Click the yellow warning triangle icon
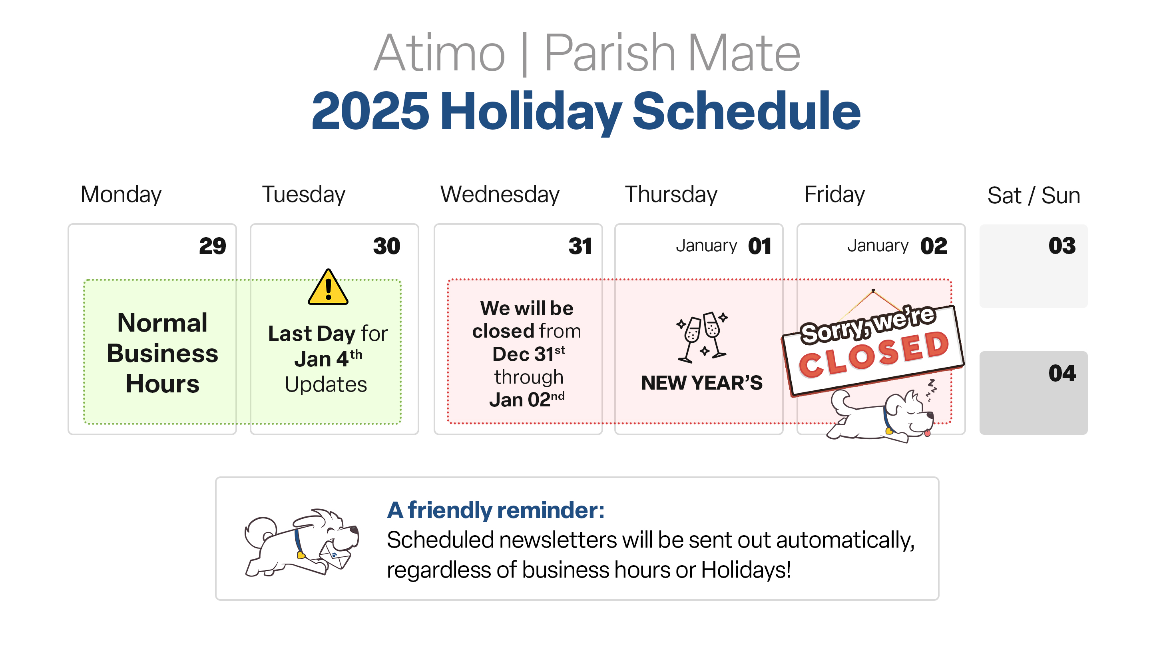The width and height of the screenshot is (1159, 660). point(328,287)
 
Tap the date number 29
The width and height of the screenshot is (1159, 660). point(212,246)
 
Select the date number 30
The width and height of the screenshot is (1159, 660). point(386,246)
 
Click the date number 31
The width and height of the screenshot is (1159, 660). point(580,246)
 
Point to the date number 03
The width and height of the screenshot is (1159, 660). point(1061,246)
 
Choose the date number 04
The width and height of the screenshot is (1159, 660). point(1061,373)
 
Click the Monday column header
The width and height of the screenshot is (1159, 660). point(121,194)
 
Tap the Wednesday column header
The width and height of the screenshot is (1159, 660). point(500,194)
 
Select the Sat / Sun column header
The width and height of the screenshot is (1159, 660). point(1034,195)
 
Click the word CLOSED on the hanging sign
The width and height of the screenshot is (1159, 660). point(874,354)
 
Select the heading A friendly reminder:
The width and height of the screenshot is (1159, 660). point(496,510)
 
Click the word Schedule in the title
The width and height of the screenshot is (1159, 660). point(746,111)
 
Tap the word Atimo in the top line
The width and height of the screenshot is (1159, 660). point(439,53)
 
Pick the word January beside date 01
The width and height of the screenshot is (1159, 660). point(706,246)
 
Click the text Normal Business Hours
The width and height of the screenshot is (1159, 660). point(162,353)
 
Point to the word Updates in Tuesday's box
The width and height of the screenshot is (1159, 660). point(326,384)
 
